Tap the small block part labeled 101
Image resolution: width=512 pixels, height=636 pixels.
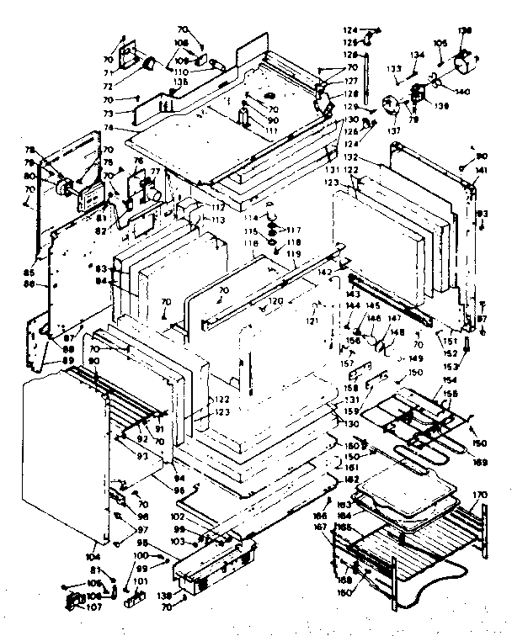coord(130,601)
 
